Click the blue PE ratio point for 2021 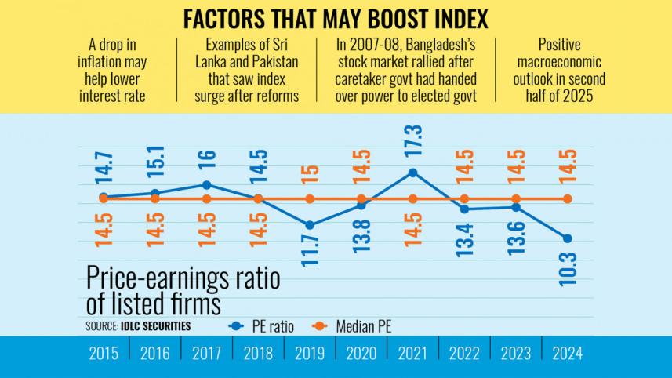413,173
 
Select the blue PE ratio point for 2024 568,238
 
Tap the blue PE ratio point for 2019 310,225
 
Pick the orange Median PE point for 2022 464,198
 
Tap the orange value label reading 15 310,172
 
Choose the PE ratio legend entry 263,326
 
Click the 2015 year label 104,354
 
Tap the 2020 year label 361,354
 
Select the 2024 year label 568,354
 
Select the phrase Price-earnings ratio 183,281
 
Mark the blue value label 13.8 361,234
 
